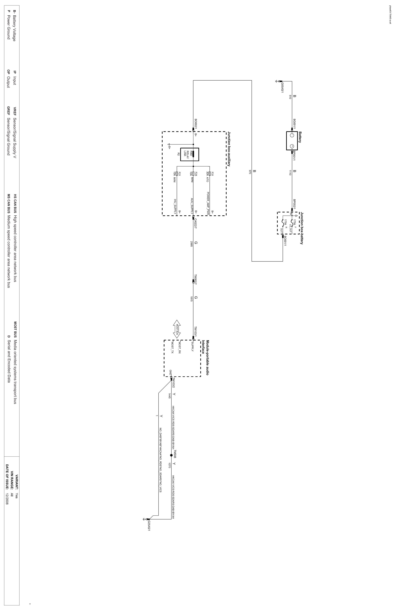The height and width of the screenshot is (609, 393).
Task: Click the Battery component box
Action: coord(292,141)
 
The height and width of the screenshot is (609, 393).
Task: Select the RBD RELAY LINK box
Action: coord(189,154)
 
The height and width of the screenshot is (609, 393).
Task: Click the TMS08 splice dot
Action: coord(171,455)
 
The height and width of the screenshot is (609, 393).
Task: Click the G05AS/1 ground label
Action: coord(282,87)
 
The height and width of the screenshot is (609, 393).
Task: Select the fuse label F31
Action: coord(212,174)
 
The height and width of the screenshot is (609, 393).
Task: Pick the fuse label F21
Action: coord(179,174)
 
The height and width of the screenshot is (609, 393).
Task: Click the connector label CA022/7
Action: coord(196,223)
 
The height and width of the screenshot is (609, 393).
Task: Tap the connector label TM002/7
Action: coord(196,279)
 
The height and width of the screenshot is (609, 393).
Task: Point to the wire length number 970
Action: coord(250,172)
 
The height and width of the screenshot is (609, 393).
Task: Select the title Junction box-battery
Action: coord(302,228)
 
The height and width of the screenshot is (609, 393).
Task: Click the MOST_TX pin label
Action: coord(172,348)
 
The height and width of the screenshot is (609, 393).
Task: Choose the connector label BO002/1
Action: coord(196,124)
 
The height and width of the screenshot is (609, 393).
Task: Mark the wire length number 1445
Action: coord(169,396)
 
